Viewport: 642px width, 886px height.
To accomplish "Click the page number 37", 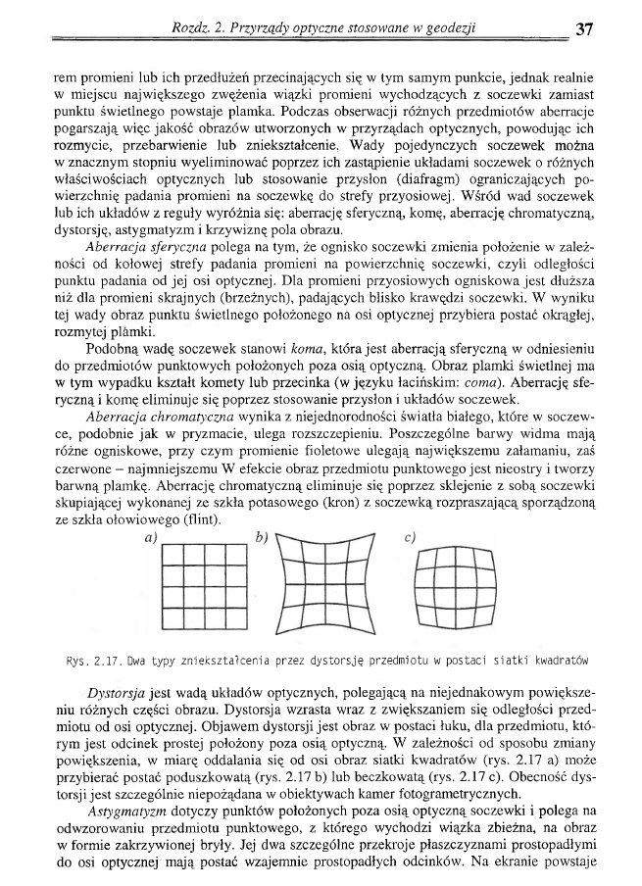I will click(585, 28).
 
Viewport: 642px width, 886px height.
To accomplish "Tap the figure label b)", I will click(262, 537).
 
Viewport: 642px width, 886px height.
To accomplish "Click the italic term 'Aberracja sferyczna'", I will click(144, 246).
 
